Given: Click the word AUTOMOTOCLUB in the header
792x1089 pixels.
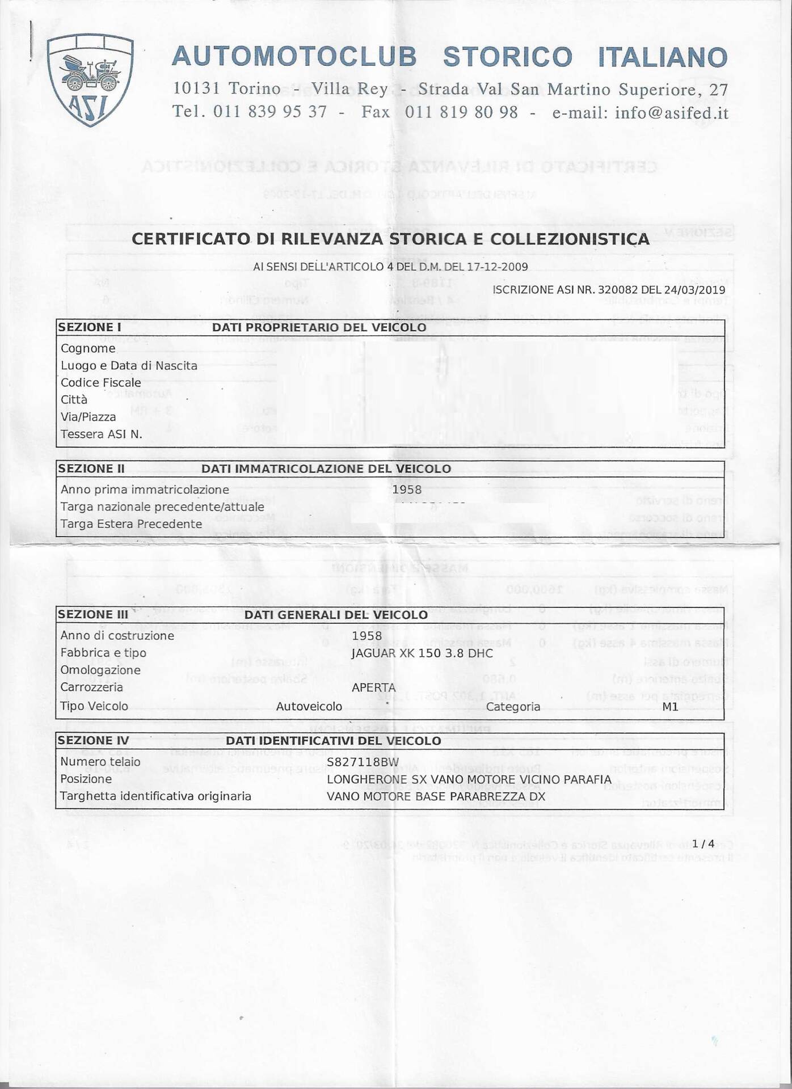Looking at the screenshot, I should tap(294, 57).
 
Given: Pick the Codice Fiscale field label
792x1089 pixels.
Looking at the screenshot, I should tap(100, 383).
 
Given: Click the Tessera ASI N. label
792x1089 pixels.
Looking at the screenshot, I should tap(101, 434).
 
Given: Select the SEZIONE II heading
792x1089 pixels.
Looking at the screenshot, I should tap(91, 468).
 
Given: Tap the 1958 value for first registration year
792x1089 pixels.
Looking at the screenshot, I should tap(407, 489).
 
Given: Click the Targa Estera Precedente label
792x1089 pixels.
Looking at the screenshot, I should tap(131, 524).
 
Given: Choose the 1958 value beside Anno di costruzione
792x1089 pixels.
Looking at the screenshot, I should tap(366, 636).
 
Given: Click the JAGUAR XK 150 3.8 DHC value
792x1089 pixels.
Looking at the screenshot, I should tap(422, 653).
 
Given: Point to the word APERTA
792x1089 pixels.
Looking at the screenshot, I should tap(373, 688).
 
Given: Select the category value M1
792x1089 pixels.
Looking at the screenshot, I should tap(670, 707).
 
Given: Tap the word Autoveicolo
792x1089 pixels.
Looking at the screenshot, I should tap(309, 706).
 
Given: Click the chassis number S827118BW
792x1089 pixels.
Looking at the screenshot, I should tap(363, 762).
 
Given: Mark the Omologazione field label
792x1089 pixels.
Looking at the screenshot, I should tap(100, 670).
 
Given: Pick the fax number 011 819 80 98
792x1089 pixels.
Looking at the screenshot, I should tap(461, 112).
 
